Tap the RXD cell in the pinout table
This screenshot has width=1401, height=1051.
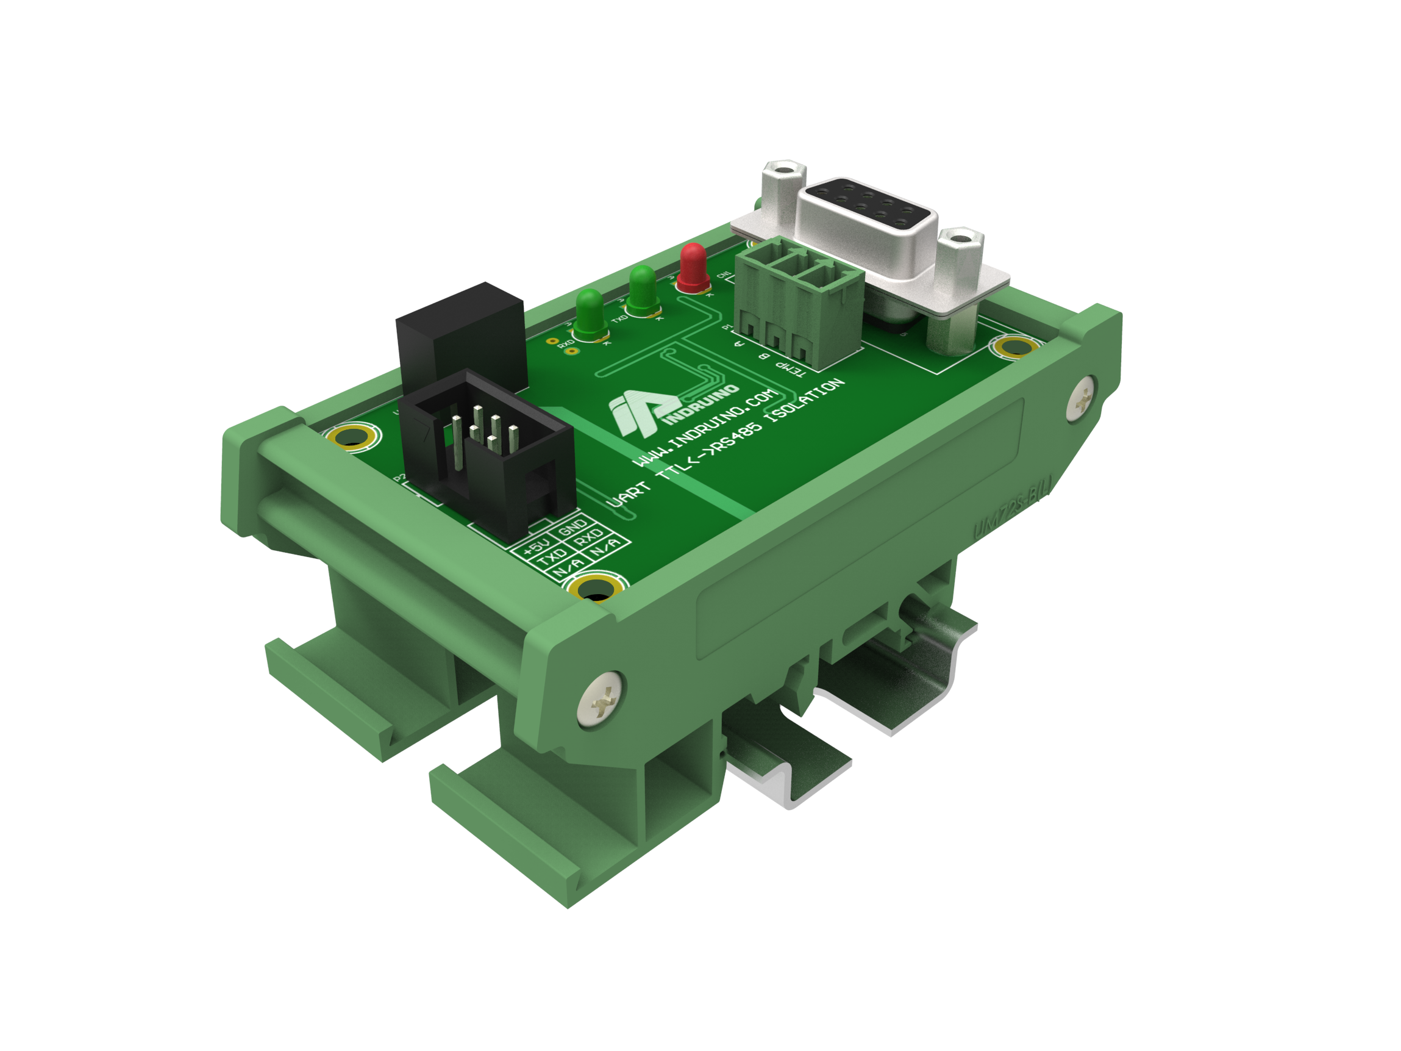coord(590,538)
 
